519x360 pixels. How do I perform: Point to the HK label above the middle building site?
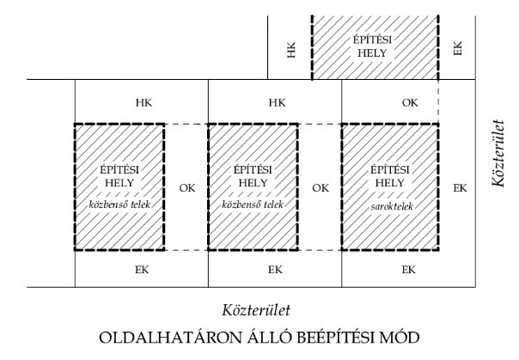click(276, 102)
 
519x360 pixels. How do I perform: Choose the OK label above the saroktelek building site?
click(410, 102)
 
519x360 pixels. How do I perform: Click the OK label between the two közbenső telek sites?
click(186, 187)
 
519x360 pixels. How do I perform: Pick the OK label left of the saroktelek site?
click(320, 187)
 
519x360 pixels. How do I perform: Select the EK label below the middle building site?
click(276, 270)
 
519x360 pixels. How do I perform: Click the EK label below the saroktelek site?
click(410, 270)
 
